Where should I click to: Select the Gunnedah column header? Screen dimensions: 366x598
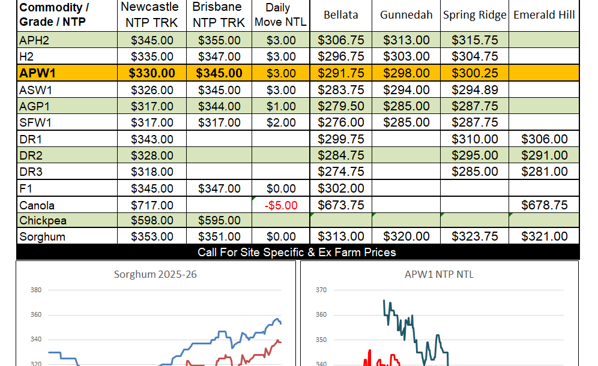[406, 15]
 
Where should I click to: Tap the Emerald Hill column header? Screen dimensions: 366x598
[544, 15]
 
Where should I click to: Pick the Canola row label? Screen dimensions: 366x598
[37, 205]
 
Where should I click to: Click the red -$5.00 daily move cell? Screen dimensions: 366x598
[280, 205]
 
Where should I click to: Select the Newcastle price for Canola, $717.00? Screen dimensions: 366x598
[152, 205]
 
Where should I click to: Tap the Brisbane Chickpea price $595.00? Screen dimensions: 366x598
[219, 221]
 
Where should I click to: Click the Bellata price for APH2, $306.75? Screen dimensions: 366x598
[341, 41]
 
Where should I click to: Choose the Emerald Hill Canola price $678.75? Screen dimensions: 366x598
[544, 205]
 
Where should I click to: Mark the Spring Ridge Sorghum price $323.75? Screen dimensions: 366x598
[474, 236]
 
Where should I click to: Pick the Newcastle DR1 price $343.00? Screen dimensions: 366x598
[152, 139]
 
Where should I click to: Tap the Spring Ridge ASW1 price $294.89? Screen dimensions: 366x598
[474, 90]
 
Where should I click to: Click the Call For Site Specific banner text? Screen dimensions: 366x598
[297, 252]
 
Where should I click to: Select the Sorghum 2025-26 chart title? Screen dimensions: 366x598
[156, 275]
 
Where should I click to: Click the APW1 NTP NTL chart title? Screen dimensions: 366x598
[439, 275]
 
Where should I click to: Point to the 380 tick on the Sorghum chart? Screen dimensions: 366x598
[36, 290]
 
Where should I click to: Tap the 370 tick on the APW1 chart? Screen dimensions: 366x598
[321, 290]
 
